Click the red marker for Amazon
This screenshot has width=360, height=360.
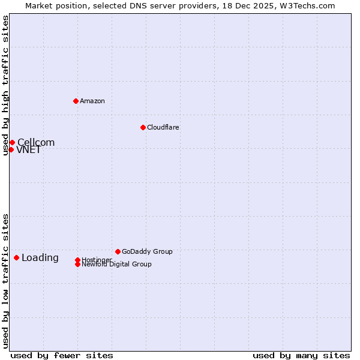(76, 101)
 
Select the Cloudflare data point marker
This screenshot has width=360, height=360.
(143, 127)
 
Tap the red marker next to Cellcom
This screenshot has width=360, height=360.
(12, 142)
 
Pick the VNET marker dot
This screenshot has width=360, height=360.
(11, 149)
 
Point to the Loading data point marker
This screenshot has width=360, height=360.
(16, 257)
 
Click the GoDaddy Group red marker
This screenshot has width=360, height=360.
(118, 251)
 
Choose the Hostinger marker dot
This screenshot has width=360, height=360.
(78, 260)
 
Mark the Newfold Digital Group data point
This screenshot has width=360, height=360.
(78, 264)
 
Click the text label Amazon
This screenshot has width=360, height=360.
(92, 101)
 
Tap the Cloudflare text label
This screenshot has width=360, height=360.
(163, 127)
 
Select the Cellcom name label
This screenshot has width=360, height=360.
(36, 143)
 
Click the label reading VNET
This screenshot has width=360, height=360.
(29, 150)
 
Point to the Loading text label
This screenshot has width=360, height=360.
(40, 258)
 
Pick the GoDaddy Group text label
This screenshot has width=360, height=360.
(147, 251)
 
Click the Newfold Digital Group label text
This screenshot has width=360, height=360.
(117, 265)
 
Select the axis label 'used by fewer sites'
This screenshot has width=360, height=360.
(62, 355)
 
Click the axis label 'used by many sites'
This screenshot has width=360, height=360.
(301, 355)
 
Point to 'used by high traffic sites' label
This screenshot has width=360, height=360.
(5, 85)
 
